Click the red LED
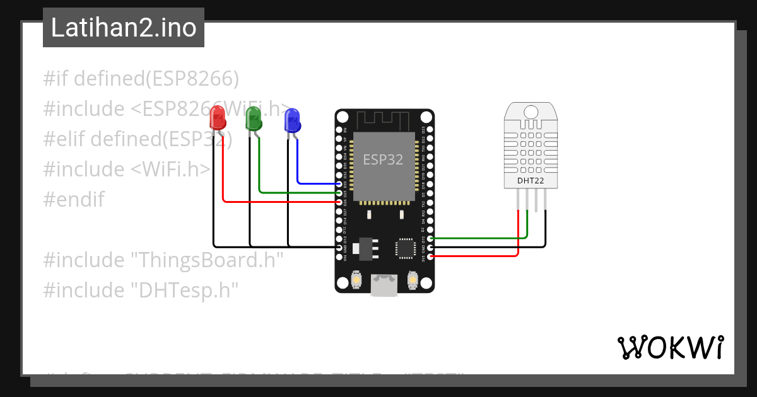(217, 118)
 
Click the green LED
(254, 118)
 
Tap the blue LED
(291, 119)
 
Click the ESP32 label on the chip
(383, 159)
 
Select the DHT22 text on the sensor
(531, 181)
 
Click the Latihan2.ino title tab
(124, 28)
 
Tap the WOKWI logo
(670, 347)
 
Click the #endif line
(74, 199)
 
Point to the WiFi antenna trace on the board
(384, 120)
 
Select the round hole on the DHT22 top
(531, 112)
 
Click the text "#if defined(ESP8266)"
(141, 79)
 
